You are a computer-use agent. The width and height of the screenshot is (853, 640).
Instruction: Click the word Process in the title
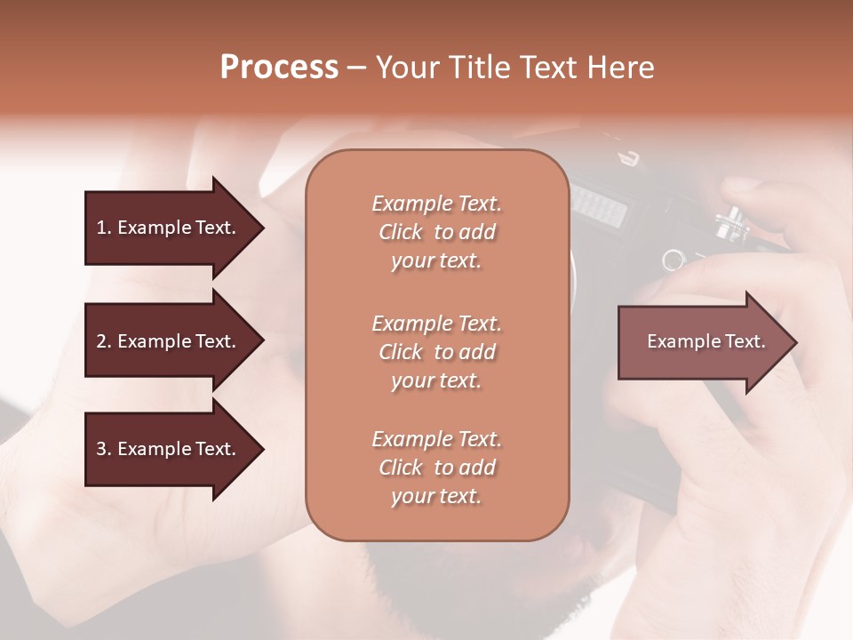tap(279, 68)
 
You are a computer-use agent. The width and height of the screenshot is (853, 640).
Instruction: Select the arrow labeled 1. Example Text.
tap(169, 228)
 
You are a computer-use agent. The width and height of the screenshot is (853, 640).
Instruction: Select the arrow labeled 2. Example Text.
tap(169, 341)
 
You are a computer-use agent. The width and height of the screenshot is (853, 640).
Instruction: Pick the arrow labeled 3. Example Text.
tap(169, 449)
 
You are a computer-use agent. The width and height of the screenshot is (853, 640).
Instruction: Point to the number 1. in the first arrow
tap(104, 228)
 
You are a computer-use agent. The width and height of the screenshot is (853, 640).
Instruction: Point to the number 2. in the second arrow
tap(104, 341)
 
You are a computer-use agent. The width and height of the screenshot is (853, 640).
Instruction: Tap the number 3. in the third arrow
tap(104, 449)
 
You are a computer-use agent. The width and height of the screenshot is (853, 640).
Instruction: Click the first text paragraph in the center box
tap(436, 232)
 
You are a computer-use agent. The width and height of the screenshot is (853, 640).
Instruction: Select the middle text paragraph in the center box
tap(436, 352)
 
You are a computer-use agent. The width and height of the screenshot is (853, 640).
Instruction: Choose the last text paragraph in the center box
tap(436, 468)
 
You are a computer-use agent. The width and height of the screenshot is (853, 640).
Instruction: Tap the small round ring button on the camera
tap(674, 260)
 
